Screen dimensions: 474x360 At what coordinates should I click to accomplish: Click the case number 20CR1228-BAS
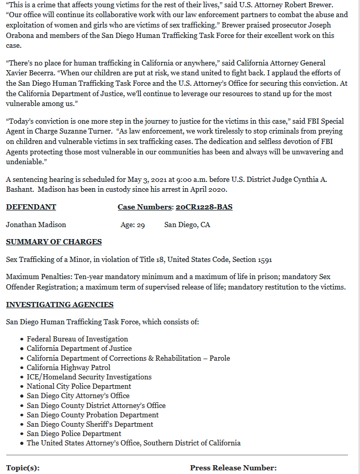pos(204,207)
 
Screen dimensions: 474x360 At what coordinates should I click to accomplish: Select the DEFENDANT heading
pos(31,207)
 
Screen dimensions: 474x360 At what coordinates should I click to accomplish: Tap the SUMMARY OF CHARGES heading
pos(54,242)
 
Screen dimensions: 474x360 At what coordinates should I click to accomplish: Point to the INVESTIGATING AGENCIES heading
pos(60,305)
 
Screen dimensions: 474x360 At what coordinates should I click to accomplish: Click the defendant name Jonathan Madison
pos(36,225)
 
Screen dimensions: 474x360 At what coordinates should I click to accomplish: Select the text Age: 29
pos(132,225)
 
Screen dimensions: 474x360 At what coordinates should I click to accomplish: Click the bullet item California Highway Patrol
pos(69,367)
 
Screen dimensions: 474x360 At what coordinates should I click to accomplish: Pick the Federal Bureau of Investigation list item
pos(77,339)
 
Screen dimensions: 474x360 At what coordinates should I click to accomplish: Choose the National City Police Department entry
pos(79,386)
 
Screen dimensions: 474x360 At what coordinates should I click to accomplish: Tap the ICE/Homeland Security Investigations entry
pos(89,377)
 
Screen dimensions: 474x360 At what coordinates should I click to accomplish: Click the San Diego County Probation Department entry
pos(93,415)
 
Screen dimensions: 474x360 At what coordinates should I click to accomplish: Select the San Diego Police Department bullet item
pos(74,433)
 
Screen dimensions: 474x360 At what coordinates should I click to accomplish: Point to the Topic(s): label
pos(23,468)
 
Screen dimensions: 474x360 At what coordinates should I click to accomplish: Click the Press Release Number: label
pos(233,468)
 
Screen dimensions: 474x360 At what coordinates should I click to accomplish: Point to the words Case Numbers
pos(144,207)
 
